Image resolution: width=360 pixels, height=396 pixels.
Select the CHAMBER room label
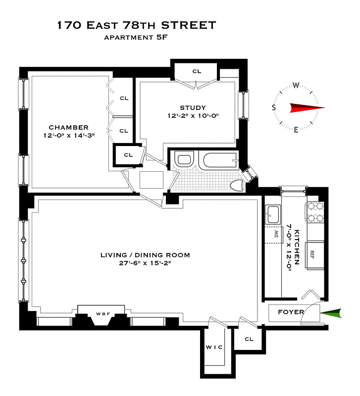68,127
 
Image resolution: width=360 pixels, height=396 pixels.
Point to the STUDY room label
193,107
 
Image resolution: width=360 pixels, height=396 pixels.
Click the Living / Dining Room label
145,255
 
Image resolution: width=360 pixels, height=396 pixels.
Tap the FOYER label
291,312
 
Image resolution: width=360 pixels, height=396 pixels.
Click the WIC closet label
214,347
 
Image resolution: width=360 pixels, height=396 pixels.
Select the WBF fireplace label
103,314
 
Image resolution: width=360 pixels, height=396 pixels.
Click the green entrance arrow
331,313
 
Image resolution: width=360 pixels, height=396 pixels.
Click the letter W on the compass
296,85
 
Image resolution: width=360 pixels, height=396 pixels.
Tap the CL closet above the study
197,71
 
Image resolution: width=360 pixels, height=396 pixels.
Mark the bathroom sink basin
184,160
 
